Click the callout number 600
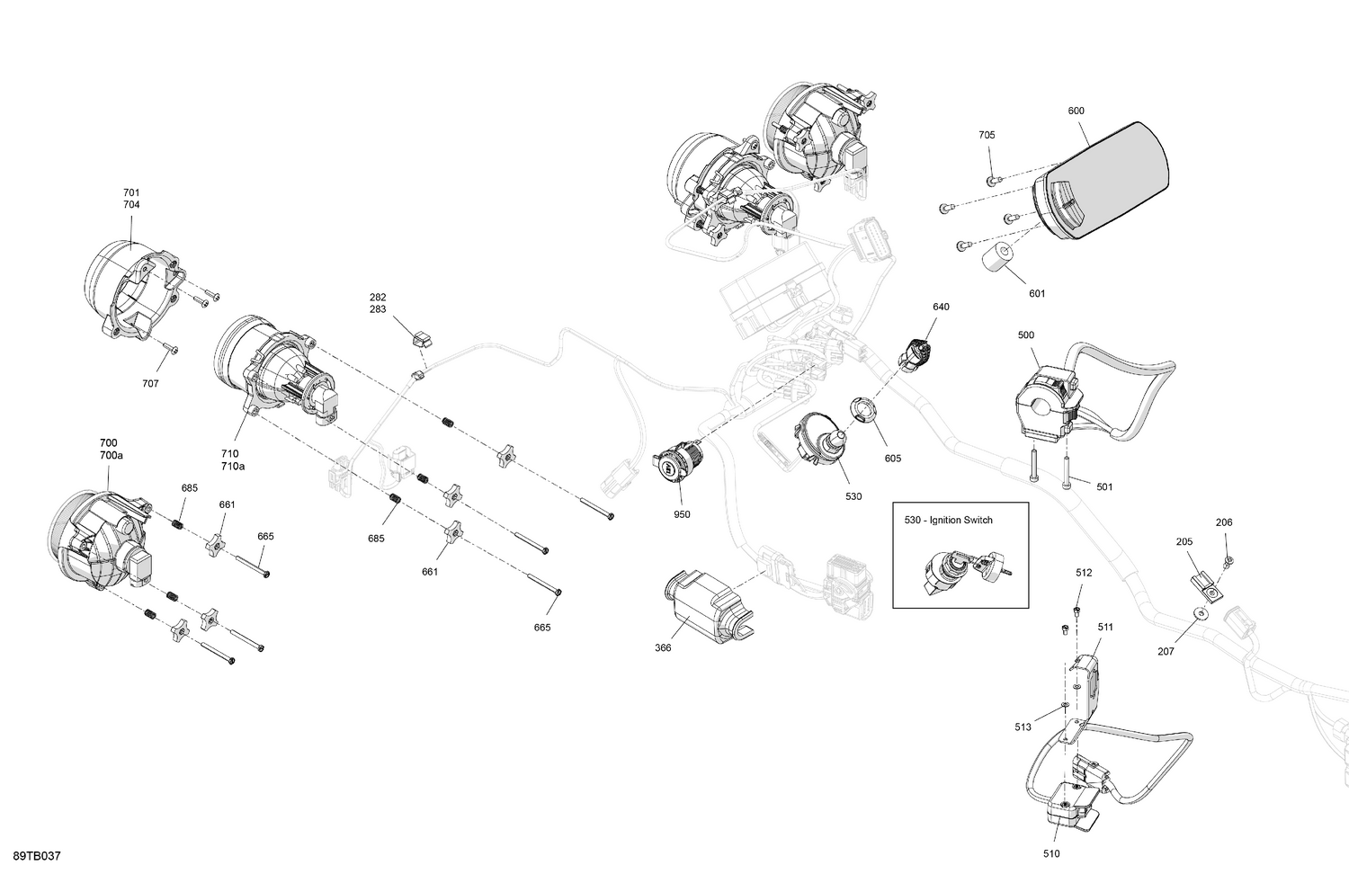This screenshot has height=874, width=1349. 1076,111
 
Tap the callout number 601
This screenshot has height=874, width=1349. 1037,293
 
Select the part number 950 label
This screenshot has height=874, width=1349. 682,515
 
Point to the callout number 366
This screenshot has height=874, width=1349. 663,648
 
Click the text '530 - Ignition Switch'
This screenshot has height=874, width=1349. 948,521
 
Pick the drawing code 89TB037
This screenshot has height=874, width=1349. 37,856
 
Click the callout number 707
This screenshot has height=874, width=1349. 150,384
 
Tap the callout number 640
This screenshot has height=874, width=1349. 941,308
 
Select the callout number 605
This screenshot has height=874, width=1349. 892,459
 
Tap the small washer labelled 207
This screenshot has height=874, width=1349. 1200,613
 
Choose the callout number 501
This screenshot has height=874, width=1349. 1104,487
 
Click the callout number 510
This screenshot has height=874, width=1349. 1051,854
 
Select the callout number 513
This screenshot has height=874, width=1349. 1023,727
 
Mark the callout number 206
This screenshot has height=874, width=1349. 1224,522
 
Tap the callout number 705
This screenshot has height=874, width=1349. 987,135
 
